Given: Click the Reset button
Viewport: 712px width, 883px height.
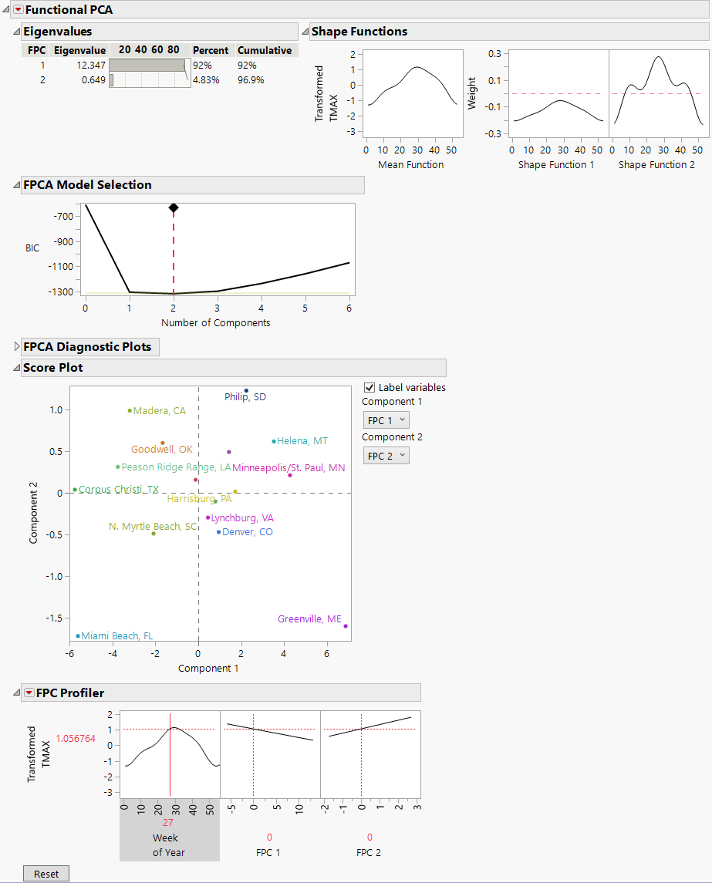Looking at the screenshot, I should click(x=46, y=874).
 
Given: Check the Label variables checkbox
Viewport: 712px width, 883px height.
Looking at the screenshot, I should click(x=369, y=388).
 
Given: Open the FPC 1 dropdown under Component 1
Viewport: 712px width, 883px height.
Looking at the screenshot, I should click(x=386, y=420).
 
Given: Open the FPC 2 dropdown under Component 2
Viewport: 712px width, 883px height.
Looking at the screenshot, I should click(x=386, y=456).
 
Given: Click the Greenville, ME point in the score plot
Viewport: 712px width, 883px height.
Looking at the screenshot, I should click(x=346, y=626).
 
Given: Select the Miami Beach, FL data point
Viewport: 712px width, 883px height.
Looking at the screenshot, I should click(x=78, y=636).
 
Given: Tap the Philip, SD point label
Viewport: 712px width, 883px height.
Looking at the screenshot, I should click(x=245, y=397).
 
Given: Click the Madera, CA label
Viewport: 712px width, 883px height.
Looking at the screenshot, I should click(x=159, y=411).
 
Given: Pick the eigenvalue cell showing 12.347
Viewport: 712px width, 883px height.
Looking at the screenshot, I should click(x=91, y=66).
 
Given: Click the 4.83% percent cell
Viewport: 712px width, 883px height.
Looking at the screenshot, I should click(x=206, y=79).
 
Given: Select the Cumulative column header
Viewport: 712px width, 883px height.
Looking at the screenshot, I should click(x=265, y=50).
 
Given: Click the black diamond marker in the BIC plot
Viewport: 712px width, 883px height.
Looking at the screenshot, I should click(x=174, y=207).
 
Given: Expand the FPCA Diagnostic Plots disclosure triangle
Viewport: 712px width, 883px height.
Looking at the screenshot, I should click(x=17, y=347).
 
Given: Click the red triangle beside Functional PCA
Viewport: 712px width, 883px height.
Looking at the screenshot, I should click(x=19, y=10).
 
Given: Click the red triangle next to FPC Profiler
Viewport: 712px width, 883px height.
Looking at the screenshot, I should click(x=29, y=693).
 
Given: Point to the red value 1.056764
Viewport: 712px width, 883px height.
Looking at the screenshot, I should click(x=76, y=738).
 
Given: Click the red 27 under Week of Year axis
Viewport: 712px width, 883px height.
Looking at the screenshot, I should click(x=168, y=823).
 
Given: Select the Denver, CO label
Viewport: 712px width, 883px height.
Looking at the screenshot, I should click(x=247, y=532).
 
